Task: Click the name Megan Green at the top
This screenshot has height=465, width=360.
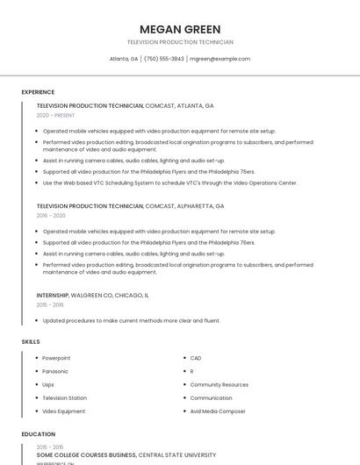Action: [x=180, y=29]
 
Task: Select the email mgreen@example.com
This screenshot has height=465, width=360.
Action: [x=220, y=59]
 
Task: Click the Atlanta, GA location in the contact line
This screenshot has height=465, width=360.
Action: [x=123, y=59]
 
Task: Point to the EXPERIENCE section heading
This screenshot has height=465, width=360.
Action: [x=38, y=91]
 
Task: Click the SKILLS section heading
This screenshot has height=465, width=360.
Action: [x=31, y=341]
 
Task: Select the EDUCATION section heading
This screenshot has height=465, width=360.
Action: [x=38, y=433]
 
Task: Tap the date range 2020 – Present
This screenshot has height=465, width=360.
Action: [x=55, y=115]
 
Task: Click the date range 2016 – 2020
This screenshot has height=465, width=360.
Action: [x=51, y=215]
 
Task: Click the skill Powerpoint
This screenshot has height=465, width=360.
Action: [x=56, y=358]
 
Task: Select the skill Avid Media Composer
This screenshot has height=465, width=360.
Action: [x=218, y=411]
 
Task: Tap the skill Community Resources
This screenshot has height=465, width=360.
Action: [x=219, y=384]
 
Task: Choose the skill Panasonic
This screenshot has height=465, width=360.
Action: [x=55, y=371]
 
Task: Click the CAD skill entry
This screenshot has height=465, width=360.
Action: [x=196, y=358]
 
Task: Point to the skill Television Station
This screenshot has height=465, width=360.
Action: [x=64, y=397]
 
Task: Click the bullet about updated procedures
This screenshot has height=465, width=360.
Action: [x=132, y=320]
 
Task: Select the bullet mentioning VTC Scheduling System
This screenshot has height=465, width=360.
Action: [x=170, y=182]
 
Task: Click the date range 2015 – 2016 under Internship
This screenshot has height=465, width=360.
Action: [x=50, y=304]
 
